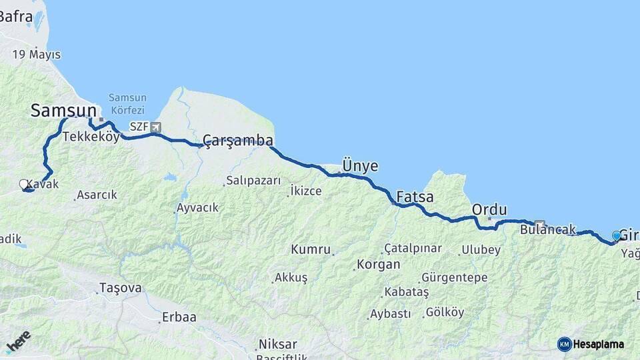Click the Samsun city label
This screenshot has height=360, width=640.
point(64,111)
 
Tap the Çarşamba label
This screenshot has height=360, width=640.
point(238,140)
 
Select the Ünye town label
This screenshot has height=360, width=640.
point(359,165)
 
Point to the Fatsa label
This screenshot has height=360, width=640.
point(415,197)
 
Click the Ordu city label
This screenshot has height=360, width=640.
point(489,209)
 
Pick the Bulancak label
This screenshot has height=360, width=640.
point(548,230)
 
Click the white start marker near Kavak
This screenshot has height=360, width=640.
point(24,184)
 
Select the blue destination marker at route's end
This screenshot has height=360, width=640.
point(616,235)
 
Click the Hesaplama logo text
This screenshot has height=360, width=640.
point(599,344)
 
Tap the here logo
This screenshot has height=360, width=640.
point(18,341)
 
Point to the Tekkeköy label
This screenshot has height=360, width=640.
point(91,137)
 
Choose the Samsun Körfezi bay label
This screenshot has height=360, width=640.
point(127,102)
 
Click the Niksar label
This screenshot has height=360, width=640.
point(278,344)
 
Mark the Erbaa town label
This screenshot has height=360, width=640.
point(179,317)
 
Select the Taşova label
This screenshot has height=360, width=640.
point(120,288)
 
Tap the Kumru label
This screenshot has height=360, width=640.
point(310,249)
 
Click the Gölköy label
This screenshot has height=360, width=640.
point(445,311)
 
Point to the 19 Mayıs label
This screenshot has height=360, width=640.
point(37,55)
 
